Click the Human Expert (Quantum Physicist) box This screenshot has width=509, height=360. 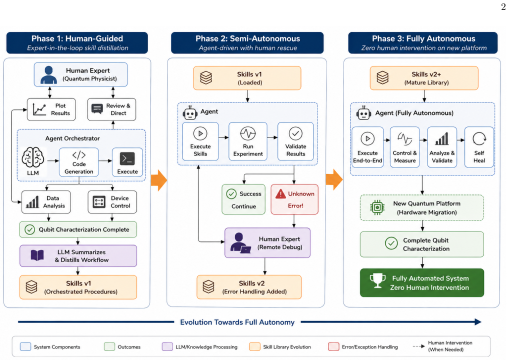click(x=81, y=74)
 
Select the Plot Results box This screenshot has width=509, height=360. click(x=51, y=109)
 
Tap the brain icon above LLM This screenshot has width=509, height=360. click(x=33, y=157)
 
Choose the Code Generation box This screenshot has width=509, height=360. click(x=79, y=162)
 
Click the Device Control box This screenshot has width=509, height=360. click(x=112, y=202)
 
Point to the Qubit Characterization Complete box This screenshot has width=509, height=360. click(x=78, y=229)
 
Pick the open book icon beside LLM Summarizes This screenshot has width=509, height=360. click(x=37, y=255)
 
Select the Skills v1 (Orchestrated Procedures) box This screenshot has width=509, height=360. click(x=78, y=287)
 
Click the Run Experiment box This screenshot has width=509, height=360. click(x=248, y=141)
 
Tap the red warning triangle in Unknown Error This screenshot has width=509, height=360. click(x=280, y=194)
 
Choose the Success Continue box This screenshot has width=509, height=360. click(x=243, y=199)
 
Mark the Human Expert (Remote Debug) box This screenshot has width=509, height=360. click(x=267, y=243)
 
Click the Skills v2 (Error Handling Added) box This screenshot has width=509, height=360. click(x=249, y=287)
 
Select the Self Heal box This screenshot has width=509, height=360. click(x=479, y=147)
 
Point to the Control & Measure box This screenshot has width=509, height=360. click(x=405, y=147)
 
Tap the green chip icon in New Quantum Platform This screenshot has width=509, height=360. click(x=377, y=207)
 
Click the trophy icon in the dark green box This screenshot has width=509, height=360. click(x=378, y=280)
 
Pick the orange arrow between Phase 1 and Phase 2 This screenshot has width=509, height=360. click(x=159, y=180)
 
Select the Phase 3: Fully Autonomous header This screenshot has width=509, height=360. click(x=423, y=43)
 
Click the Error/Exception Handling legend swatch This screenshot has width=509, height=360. click(x=333, y=346)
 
